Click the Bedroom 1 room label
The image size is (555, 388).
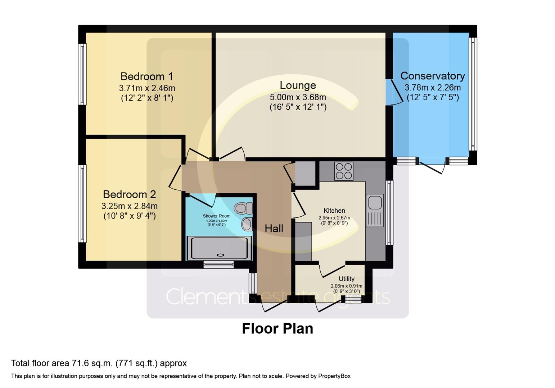click(146, 77)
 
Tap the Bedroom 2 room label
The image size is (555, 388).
click(129, 194)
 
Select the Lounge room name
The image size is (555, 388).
click(298, 85)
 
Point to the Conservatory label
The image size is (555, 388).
click(432, 76)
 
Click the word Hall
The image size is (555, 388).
click(274, 228)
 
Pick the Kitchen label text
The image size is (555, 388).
click(334, 211)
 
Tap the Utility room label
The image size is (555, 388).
click(346, 279)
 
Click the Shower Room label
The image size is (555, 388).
click(216, 216)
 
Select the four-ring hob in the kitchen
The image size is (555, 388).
click(344, 171)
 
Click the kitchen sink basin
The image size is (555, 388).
click(375, 202)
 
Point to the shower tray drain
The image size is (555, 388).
click(219, 255)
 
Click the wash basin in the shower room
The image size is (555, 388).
click(247, 224)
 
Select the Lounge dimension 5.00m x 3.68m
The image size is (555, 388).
click(298, 97)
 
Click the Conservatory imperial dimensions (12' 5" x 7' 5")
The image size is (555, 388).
click(432, 97)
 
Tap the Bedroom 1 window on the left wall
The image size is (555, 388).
click(82, 74)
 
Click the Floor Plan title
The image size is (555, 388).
click(277, 329)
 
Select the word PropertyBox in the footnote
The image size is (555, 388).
click(333, 376)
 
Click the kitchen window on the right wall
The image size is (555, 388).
click(389, 212)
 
